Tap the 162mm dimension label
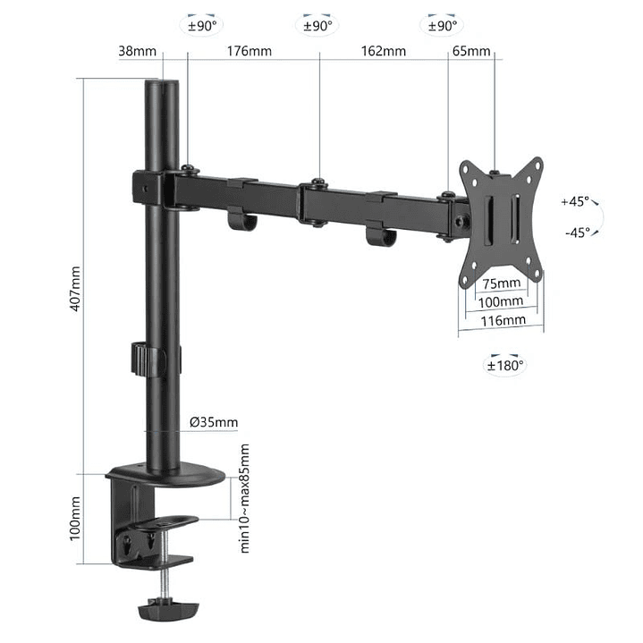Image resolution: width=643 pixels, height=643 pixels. coord(384,51)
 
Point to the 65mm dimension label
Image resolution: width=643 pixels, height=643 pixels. coord(471,51)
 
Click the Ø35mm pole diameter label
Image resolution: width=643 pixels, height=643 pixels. coord(215,422)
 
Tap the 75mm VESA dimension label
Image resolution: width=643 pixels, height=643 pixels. coord(501,283)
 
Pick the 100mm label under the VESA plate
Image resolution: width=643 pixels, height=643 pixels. coord(501,301)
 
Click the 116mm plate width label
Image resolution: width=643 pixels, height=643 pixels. coord(501,319)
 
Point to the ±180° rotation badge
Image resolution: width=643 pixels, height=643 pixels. coord(505,364)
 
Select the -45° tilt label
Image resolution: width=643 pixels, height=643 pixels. coord(577,233)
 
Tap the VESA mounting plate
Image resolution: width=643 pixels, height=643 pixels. coord(501,221)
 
